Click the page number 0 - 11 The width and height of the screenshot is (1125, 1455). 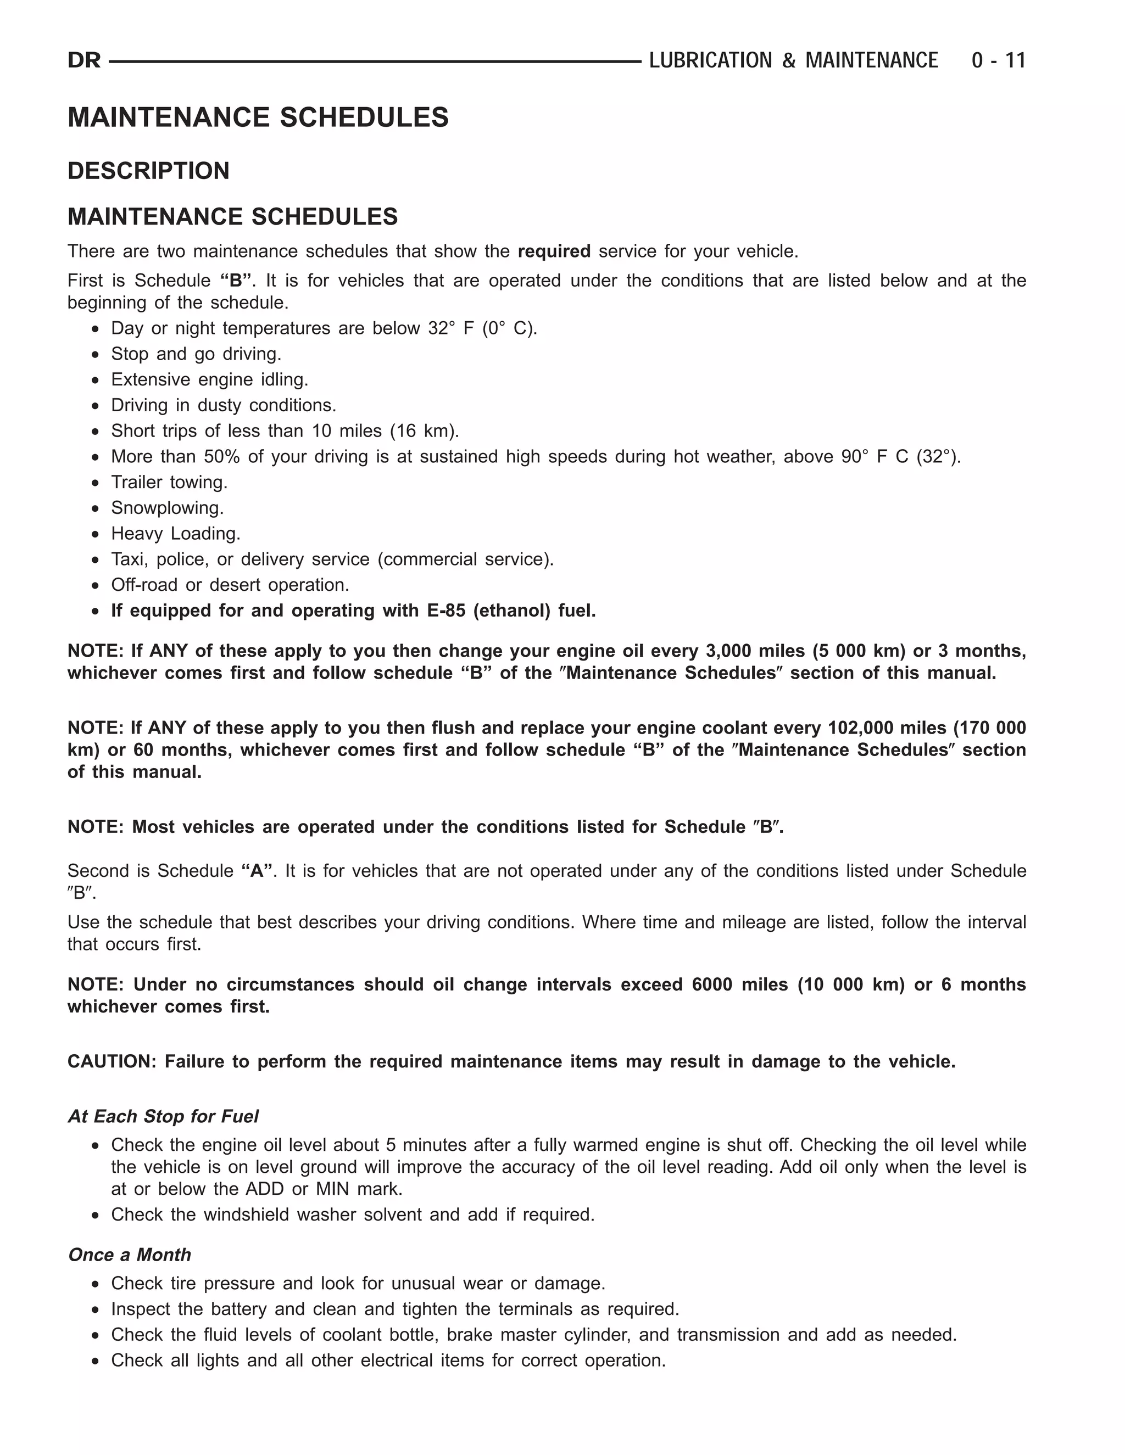click(998, 60)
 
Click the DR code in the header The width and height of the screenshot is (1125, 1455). click(84, 60)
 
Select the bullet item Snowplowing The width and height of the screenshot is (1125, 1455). click(168, 508)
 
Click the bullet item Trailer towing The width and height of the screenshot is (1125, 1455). click(169, 482)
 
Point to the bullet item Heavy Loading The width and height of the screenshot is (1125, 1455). click(175, 533)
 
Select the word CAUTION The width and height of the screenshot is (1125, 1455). click(110, 1061)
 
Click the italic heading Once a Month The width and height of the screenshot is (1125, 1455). click(129, 1255)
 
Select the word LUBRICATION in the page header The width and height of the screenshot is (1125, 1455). click(710, 60)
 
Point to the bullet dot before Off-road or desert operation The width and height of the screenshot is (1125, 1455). click(97, 586)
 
